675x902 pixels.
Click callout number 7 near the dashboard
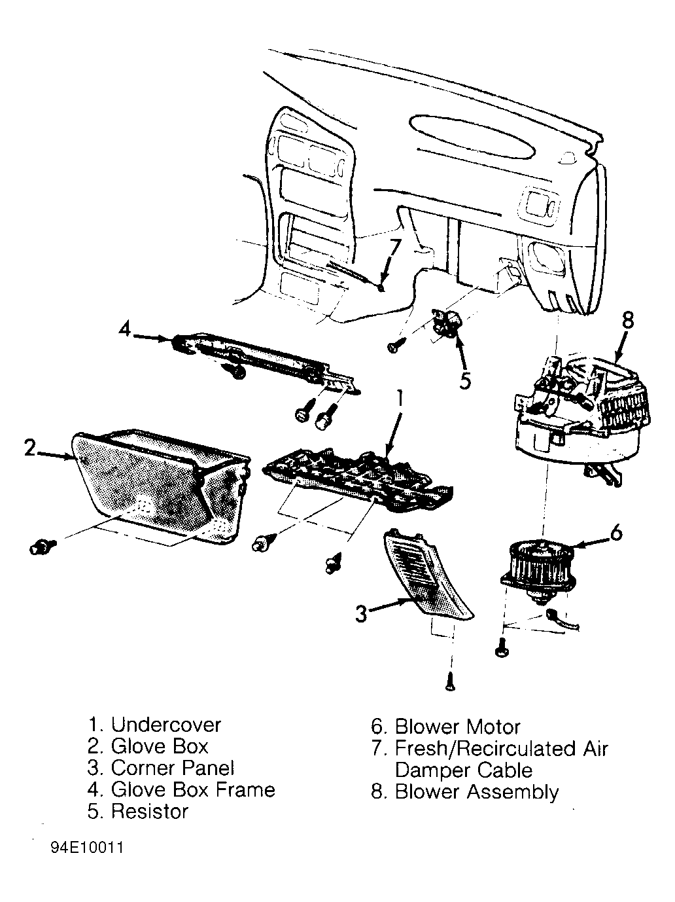(394, 249)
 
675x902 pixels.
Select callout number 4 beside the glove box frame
(125, 329)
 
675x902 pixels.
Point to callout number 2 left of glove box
(29, 448)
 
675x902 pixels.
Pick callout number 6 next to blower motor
(616, 533)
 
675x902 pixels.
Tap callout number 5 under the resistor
(465, 380)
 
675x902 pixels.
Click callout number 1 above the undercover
(399, 399)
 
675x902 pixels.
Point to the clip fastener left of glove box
(43, 547)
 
